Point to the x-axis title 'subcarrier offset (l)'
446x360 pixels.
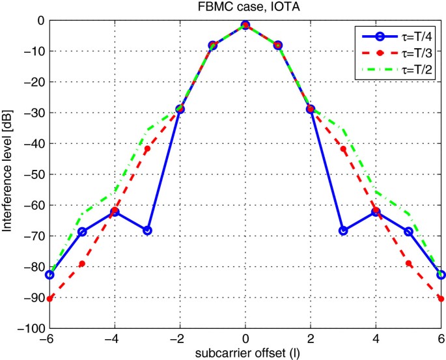(x=245, y=354)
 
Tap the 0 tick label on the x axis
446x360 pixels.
(x=245, y=340)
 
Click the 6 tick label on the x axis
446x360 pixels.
(x=441, y=340)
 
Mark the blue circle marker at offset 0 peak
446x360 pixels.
(x=245, y=25)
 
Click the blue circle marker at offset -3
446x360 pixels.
(x=147, y=230)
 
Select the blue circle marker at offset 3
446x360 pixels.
(x=343, y=230)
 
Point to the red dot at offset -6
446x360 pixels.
(x=49, y=299)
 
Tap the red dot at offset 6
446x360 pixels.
(x=441, y=299)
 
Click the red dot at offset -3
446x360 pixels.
(x=147, y=149)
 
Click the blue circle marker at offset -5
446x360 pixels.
(x=82, y=232)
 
